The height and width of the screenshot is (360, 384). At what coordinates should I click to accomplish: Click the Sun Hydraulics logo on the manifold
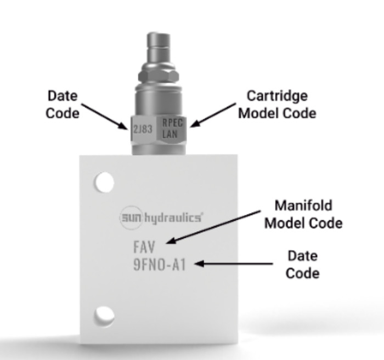[161, 218]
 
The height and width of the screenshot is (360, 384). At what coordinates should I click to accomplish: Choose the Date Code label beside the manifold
[302, 264]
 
